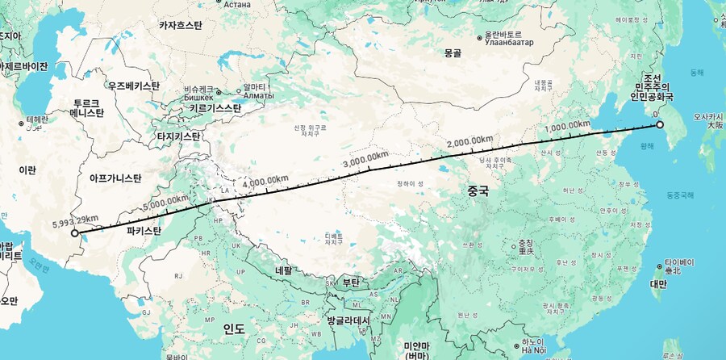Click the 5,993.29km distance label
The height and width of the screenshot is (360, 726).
75,219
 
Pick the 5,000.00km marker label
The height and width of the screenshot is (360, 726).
165,200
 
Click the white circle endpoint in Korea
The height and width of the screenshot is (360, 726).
660,125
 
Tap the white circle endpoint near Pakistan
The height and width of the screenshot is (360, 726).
74,235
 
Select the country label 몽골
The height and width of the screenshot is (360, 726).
453,53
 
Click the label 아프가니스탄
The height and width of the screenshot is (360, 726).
115,177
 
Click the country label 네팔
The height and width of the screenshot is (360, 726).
284,271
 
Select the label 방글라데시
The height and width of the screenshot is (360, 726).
348,320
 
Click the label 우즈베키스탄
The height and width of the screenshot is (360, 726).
134,86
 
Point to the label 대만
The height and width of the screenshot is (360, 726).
659,284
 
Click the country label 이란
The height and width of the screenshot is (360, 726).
27,171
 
